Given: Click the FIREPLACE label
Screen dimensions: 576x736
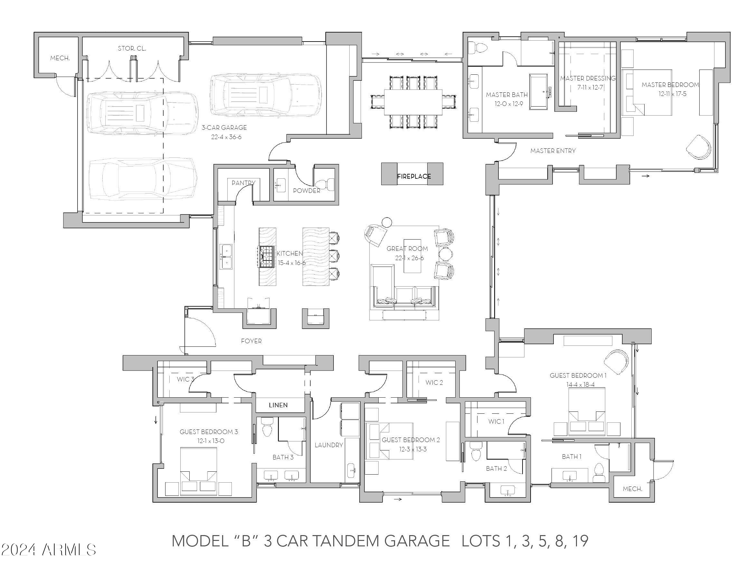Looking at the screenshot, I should (x=414, y=176).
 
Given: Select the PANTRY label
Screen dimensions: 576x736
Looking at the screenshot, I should (x=243, y=183).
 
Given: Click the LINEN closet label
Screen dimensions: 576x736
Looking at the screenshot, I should (x=278, y=405).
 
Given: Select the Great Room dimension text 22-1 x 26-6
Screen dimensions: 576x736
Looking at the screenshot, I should (x=409, y=258).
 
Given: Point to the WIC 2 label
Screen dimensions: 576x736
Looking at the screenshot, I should (x=434, y=382).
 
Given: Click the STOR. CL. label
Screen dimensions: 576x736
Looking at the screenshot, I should (x=132, y=49).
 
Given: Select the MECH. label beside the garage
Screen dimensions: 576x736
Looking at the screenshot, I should (x=60, y=58).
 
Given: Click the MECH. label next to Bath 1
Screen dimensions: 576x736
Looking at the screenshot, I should (x=632, y=489).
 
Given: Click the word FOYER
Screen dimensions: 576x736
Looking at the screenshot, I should (x=251, y=341).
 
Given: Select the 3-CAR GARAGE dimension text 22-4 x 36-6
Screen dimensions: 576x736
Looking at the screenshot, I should (x=226, y=137).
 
